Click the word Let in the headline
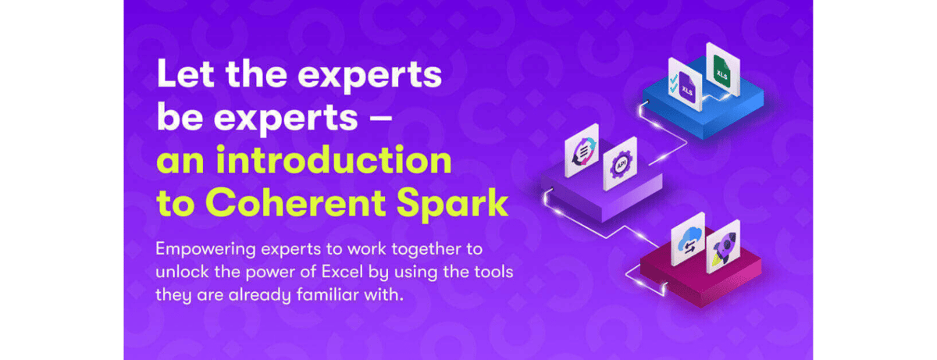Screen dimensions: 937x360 point(185,74)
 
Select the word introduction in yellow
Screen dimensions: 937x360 point(334,160)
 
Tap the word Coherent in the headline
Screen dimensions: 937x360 point(296,203)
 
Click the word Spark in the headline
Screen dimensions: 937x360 point(453,205)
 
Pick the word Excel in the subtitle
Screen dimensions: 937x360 point(342,272)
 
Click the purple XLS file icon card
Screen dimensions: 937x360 point(685,84)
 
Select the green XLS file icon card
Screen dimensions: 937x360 point(723,70)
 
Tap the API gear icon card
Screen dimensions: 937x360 point(620,163)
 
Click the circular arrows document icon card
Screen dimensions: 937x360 point(582,150)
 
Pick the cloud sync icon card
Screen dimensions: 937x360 point(688,239)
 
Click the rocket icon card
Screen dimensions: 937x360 point(723,247)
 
